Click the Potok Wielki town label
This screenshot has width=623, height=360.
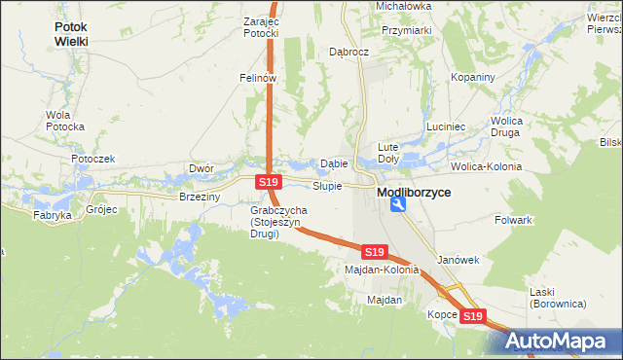[x=71, y=35]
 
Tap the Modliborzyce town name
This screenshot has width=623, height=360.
[x=414, y=193]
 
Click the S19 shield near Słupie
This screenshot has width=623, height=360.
[x=270, y=182]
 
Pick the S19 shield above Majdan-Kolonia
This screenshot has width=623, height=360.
[x=375, y=251]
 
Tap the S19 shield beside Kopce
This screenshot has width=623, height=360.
[x=472, y=316]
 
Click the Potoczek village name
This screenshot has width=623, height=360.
[x=92, y=158]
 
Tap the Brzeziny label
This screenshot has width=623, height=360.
[x=201, y=197]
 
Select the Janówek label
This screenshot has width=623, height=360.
[x=459, y=260]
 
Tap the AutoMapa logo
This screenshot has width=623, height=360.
[x=559, y=341]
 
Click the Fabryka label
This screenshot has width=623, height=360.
[x=53, y=215]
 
